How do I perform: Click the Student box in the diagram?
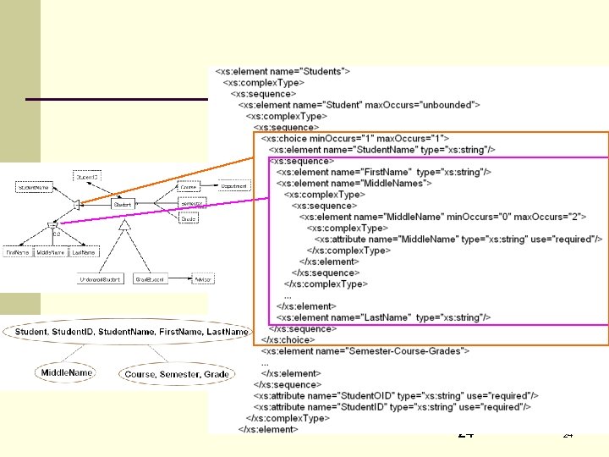coord(121,204)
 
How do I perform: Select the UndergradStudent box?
coord(100,278)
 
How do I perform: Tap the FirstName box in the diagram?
coord(18,252)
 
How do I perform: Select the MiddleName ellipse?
coord(65,372)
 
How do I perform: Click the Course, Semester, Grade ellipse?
coord(176,374)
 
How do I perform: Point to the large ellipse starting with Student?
coord(132,332)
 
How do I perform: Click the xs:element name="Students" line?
coord(283,72)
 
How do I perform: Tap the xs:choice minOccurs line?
coord(355,138)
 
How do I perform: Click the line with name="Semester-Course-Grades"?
coord(366,350)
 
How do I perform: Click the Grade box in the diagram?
coord(188,218)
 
